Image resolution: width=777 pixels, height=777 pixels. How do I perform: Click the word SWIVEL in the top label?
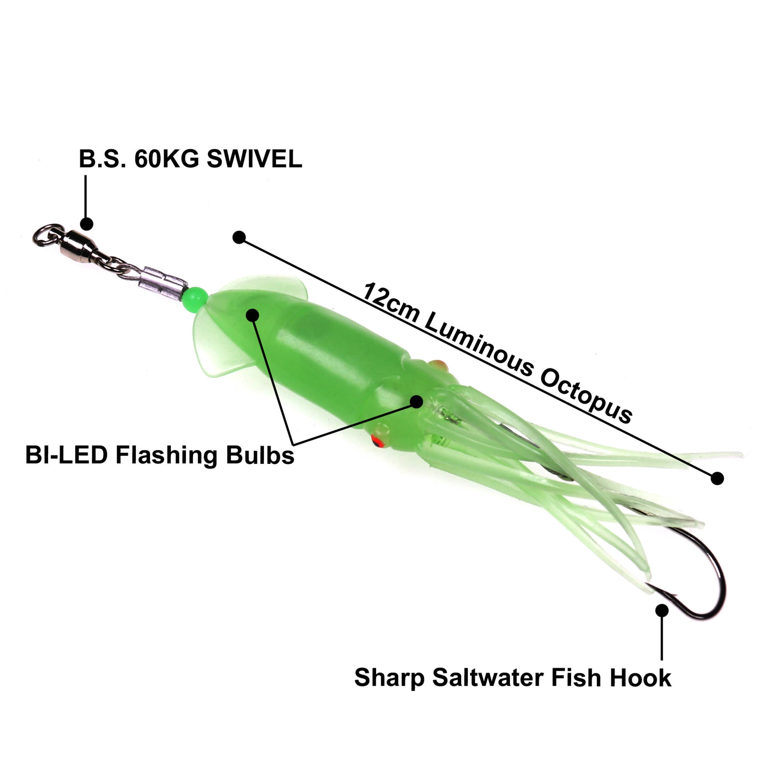(x=254, y=159)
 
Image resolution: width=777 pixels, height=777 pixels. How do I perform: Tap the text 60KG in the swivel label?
(x=167, y=159)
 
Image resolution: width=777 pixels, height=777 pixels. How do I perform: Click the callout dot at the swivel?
(x=87, y=224)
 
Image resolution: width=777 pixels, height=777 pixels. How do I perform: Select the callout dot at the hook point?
(x=662, y=610)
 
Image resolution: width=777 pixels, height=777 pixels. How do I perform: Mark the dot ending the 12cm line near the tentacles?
(x=717, y=479)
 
